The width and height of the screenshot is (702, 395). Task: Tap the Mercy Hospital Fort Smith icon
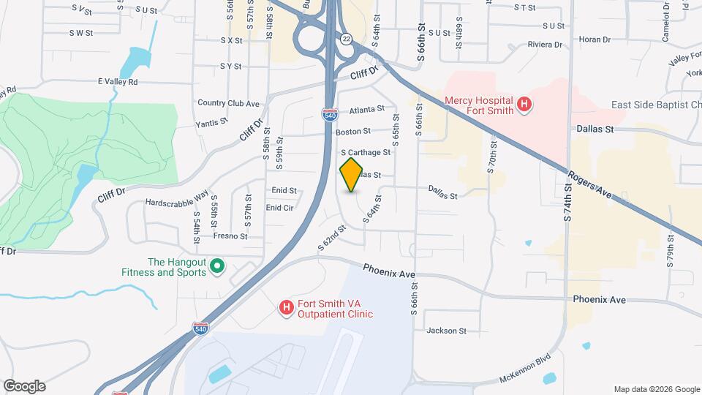click(524, 105)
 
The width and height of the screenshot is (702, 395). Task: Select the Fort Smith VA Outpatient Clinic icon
click(287, 308)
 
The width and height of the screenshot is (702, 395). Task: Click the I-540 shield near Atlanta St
click(329, 113)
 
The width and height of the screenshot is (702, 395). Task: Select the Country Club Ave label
click(228, 104)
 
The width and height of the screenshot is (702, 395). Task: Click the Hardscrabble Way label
click(176, 201)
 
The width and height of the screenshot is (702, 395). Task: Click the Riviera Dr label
click(544, 45)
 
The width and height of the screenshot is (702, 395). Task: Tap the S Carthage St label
click(366, 152)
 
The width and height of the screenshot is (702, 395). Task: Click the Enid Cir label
click(279, 208)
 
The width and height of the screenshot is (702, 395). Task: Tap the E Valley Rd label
click(118, 82)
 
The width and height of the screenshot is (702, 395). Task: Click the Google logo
click(24, 386)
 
